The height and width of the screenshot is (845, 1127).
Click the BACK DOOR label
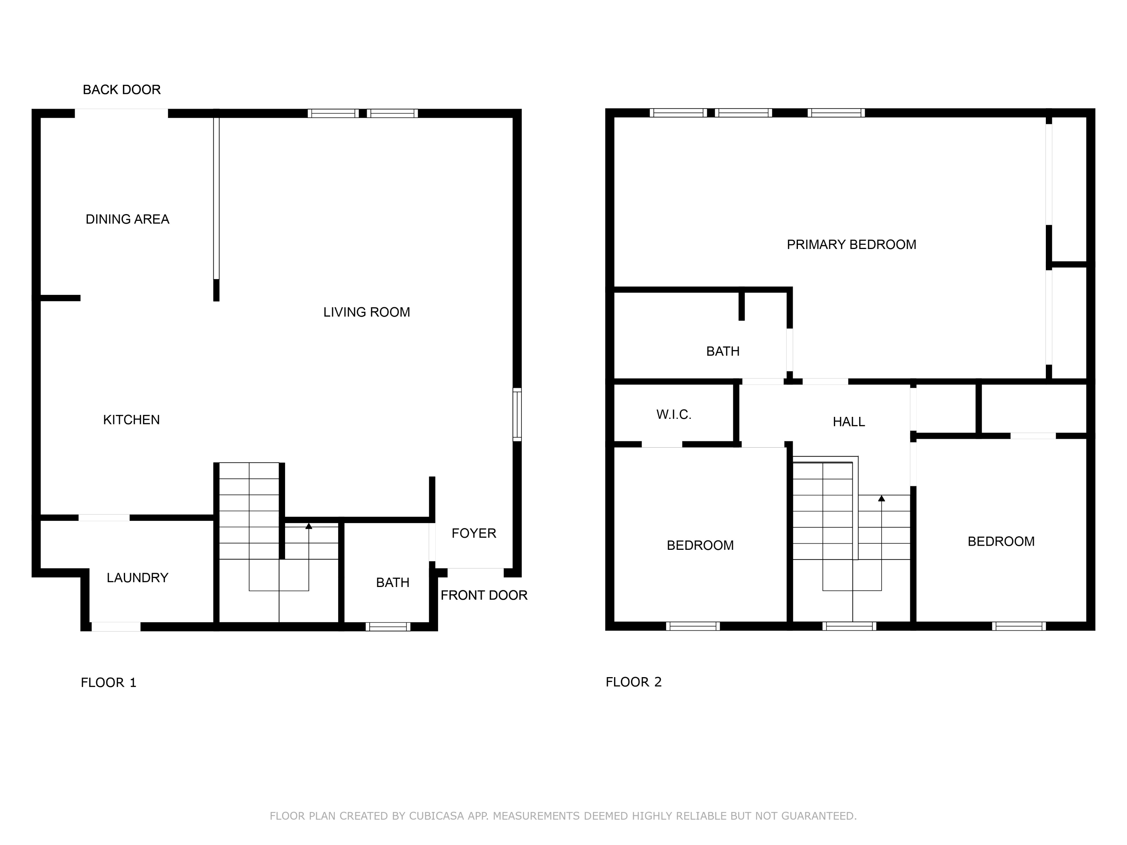[x=122, y=90]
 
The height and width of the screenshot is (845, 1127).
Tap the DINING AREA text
[x=127, y=219]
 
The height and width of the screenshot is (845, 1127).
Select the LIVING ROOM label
[x=366, y=312]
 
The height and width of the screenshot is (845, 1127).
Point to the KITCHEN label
[x=131, y=420]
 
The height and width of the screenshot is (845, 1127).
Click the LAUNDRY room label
[x=137, y=578]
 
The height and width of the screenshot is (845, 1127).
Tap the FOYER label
[x=474, y=533]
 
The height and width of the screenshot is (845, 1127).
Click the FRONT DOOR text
[x=483, y=595]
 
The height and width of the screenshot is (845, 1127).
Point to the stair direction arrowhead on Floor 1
[x=309, y=526]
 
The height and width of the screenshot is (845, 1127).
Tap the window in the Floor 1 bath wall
[x=388, y=626]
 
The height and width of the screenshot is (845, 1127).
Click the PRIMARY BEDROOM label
[x=851, y=244]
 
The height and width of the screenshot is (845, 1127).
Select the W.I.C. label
[x=674, y=415]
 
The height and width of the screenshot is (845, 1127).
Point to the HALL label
[x=848, y=422]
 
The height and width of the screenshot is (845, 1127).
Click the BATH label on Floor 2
[x=722, y=351]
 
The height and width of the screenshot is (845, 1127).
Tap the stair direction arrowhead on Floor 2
[x=881, y=498]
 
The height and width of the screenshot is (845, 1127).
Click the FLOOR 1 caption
[x=109, y=682]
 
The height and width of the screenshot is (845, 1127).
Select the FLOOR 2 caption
[x=633, y=682]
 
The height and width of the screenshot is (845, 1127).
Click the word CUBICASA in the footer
[x=437, y=816]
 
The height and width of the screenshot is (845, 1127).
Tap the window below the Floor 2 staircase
[x=849, y=626]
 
